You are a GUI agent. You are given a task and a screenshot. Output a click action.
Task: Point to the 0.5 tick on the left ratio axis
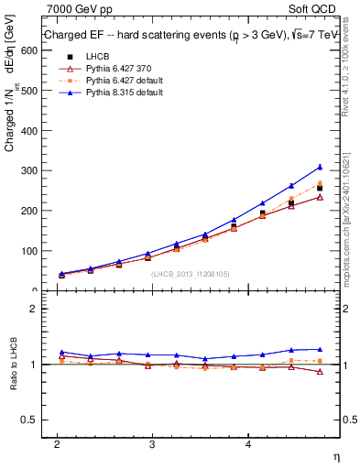29,420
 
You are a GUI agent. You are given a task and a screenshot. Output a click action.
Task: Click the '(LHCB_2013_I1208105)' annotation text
189,273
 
